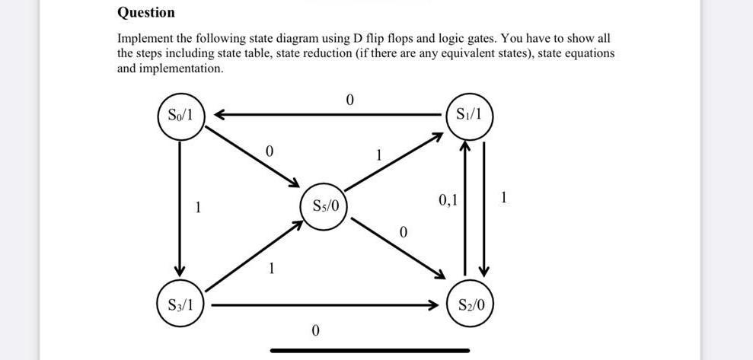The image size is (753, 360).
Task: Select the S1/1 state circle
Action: [469, 116]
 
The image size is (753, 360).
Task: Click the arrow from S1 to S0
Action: [327, 115]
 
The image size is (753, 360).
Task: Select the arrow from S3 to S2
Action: [327, 305]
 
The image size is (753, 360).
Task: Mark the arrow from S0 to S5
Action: [251, 156]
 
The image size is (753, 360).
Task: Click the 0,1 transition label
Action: [448, 201]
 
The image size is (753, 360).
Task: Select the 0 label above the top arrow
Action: [349, 100]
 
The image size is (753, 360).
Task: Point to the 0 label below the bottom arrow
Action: [314, 330]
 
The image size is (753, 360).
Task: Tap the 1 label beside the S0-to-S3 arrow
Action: [198, 206]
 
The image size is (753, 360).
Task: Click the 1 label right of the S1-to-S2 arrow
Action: [504, 199]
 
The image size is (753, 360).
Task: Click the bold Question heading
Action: [145, 12]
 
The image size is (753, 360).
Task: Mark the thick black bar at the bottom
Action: [370, 351]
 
